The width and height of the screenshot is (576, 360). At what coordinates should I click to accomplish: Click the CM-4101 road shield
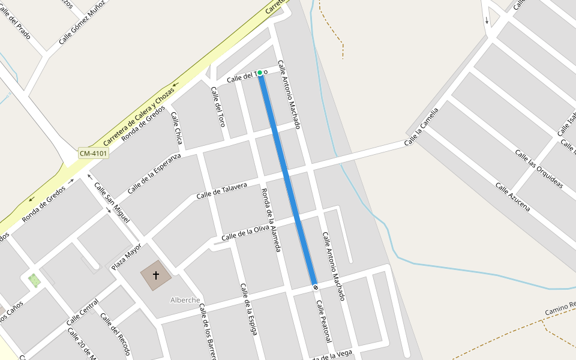pos(93,154)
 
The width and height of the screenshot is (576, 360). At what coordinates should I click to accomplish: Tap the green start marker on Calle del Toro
pos(260,73)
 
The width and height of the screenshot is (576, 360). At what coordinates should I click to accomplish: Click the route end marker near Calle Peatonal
pos(316,287)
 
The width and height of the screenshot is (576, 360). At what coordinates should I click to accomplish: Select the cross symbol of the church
pos(156,275)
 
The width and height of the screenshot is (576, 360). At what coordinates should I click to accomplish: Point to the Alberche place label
pos(185,300)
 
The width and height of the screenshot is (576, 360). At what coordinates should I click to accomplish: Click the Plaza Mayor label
pos(127,257)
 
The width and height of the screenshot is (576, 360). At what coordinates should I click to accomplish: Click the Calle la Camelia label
pos(421,127)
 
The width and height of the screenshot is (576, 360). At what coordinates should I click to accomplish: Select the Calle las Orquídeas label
pos(539,169)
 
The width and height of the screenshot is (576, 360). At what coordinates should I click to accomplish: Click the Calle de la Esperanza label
pos(154,174)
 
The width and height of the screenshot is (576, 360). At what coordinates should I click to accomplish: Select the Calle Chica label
pos(176,128)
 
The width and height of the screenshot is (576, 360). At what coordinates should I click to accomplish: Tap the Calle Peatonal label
pos(323,321)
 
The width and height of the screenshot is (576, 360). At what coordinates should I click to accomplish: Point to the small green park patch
pos(35,280)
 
